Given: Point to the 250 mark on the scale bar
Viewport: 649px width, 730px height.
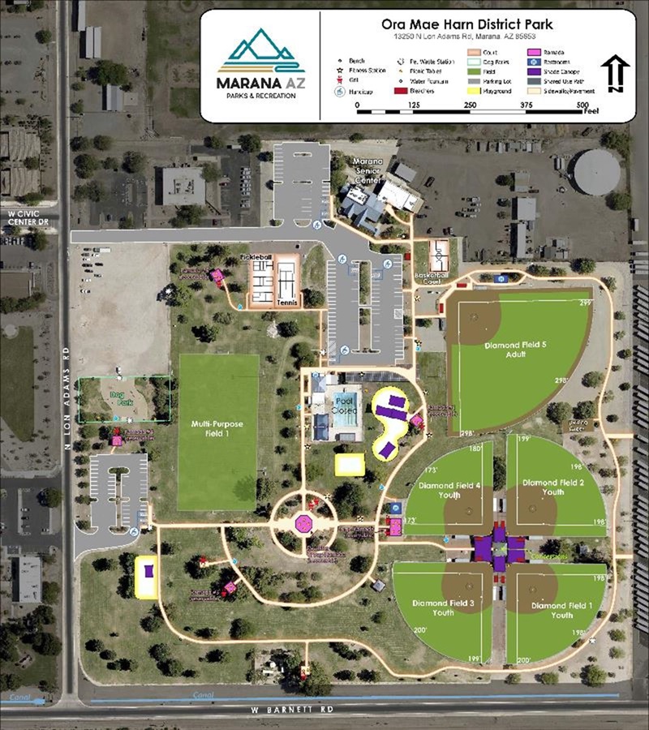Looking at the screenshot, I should coord(471,105).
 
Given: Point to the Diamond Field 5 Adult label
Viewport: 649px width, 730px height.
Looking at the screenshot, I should coord(516,350).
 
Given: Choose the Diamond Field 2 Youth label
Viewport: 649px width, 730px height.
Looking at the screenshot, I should coord(553,487).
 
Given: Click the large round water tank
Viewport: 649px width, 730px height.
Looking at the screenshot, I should coord(596,171).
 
